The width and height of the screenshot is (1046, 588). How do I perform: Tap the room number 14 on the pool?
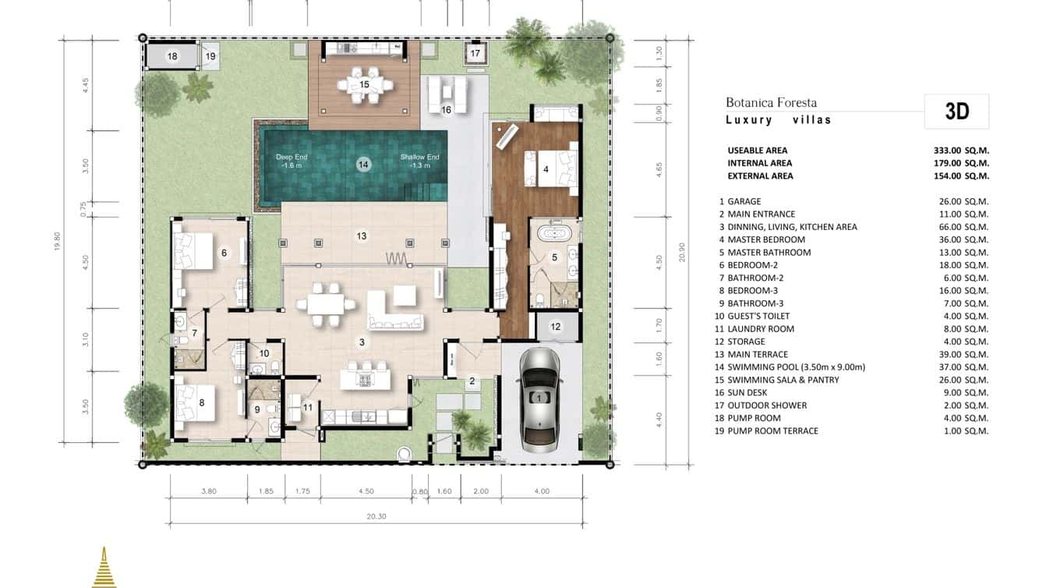[x=363, y=165]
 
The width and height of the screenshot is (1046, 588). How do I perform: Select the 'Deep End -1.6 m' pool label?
[x=292, y=161]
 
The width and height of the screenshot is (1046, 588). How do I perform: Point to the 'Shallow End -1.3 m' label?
[x=419, y=161]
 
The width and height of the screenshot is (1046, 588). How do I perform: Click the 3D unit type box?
[x=957, y=112]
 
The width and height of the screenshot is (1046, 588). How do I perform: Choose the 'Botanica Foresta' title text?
[x=771, y=103]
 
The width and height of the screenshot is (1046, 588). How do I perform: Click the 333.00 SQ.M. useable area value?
[x=962, y=151]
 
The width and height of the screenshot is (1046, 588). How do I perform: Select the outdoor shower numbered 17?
[x=475, y=53]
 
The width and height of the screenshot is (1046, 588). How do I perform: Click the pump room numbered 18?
[x=171, y=56]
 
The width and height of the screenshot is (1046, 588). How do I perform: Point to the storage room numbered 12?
[x=555, y=327]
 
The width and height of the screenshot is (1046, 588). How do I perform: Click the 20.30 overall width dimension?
[x=376, y=516]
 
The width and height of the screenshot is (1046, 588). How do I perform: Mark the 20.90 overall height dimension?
[x=682, y=252]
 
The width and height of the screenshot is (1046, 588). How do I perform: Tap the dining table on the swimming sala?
[x=364, y=85]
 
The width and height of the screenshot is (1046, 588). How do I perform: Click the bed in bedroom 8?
[x=195, y=402]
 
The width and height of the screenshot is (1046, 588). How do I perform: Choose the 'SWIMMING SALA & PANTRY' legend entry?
[x=783, y=380]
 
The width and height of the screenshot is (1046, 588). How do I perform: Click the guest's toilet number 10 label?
[x=264, y=353]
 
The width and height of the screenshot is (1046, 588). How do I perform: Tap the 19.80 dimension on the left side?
[x=57, y=242]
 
